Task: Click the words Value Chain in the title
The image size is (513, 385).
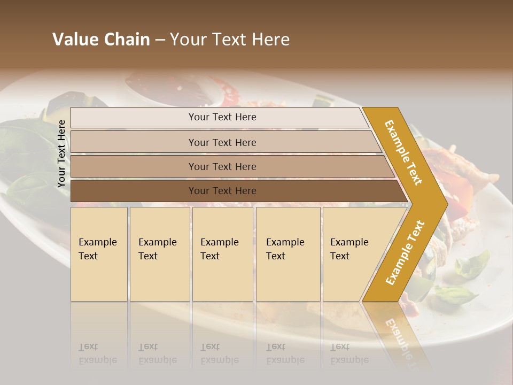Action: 101,40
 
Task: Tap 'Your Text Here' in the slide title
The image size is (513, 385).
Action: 230,40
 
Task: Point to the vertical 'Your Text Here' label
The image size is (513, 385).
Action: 61,154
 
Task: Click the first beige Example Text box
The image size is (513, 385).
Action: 99,254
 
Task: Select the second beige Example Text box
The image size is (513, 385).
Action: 160,254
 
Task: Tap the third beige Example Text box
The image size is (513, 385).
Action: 222,254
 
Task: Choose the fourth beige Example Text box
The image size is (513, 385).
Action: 288,254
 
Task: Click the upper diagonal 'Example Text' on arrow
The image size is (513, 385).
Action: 403,152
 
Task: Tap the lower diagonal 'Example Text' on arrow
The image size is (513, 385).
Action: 405,252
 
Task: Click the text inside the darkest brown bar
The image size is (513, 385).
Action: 222,191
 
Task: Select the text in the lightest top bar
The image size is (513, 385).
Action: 222,117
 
